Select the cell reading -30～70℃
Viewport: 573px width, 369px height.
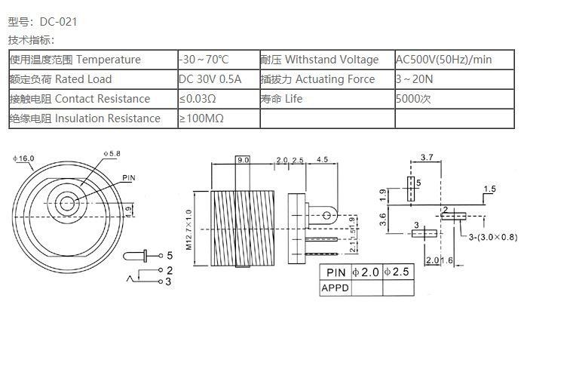pyautogui.click(x=204, y=60)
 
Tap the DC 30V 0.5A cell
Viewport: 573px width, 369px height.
pyautogui.click(x=210, y=79)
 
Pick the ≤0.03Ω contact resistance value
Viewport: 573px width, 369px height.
pyautogui.click(x=198, y=99)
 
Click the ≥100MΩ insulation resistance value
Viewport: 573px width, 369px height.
pyautogui.click(x=201, y=118)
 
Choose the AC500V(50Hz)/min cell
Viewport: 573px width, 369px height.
pyautogui.click(x=444, y=60)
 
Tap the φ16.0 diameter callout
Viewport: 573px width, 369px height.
pyautogui.click(x=24, y=158)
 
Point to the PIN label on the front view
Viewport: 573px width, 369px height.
pyautogui.click(x=129, y=178)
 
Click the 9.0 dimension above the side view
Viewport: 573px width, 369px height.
pyautogui.click(x=243, y=160)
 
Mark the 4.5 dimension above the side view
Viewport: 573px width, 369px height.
pyautogui.click(x=322, y=160)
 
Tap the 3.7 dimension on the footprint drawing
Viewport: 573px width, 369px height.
pyautogui.click(x=427, y=158)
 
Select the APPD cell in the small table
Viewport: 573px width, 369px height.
pyautogui.click(x=336, y=288)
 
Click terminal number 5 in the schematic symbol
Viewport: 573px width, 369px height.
pyautogui.click(x=170, y=255)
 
